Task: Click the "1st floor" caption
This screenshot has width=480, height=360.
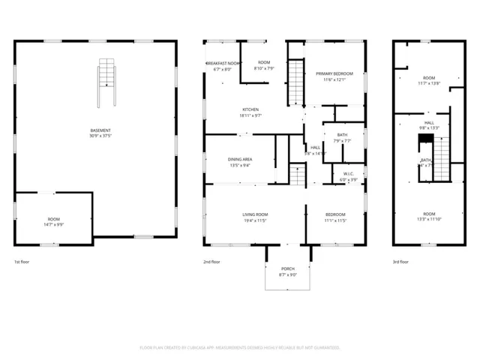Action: (22, 262)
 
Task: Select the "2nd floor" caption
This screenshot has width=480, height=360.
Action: (211, 262)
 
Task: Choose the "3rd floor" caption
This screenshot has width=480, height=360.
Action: (400, 262)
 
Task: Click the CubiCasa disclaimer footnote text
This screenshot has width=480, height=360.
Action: (240, 347)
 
